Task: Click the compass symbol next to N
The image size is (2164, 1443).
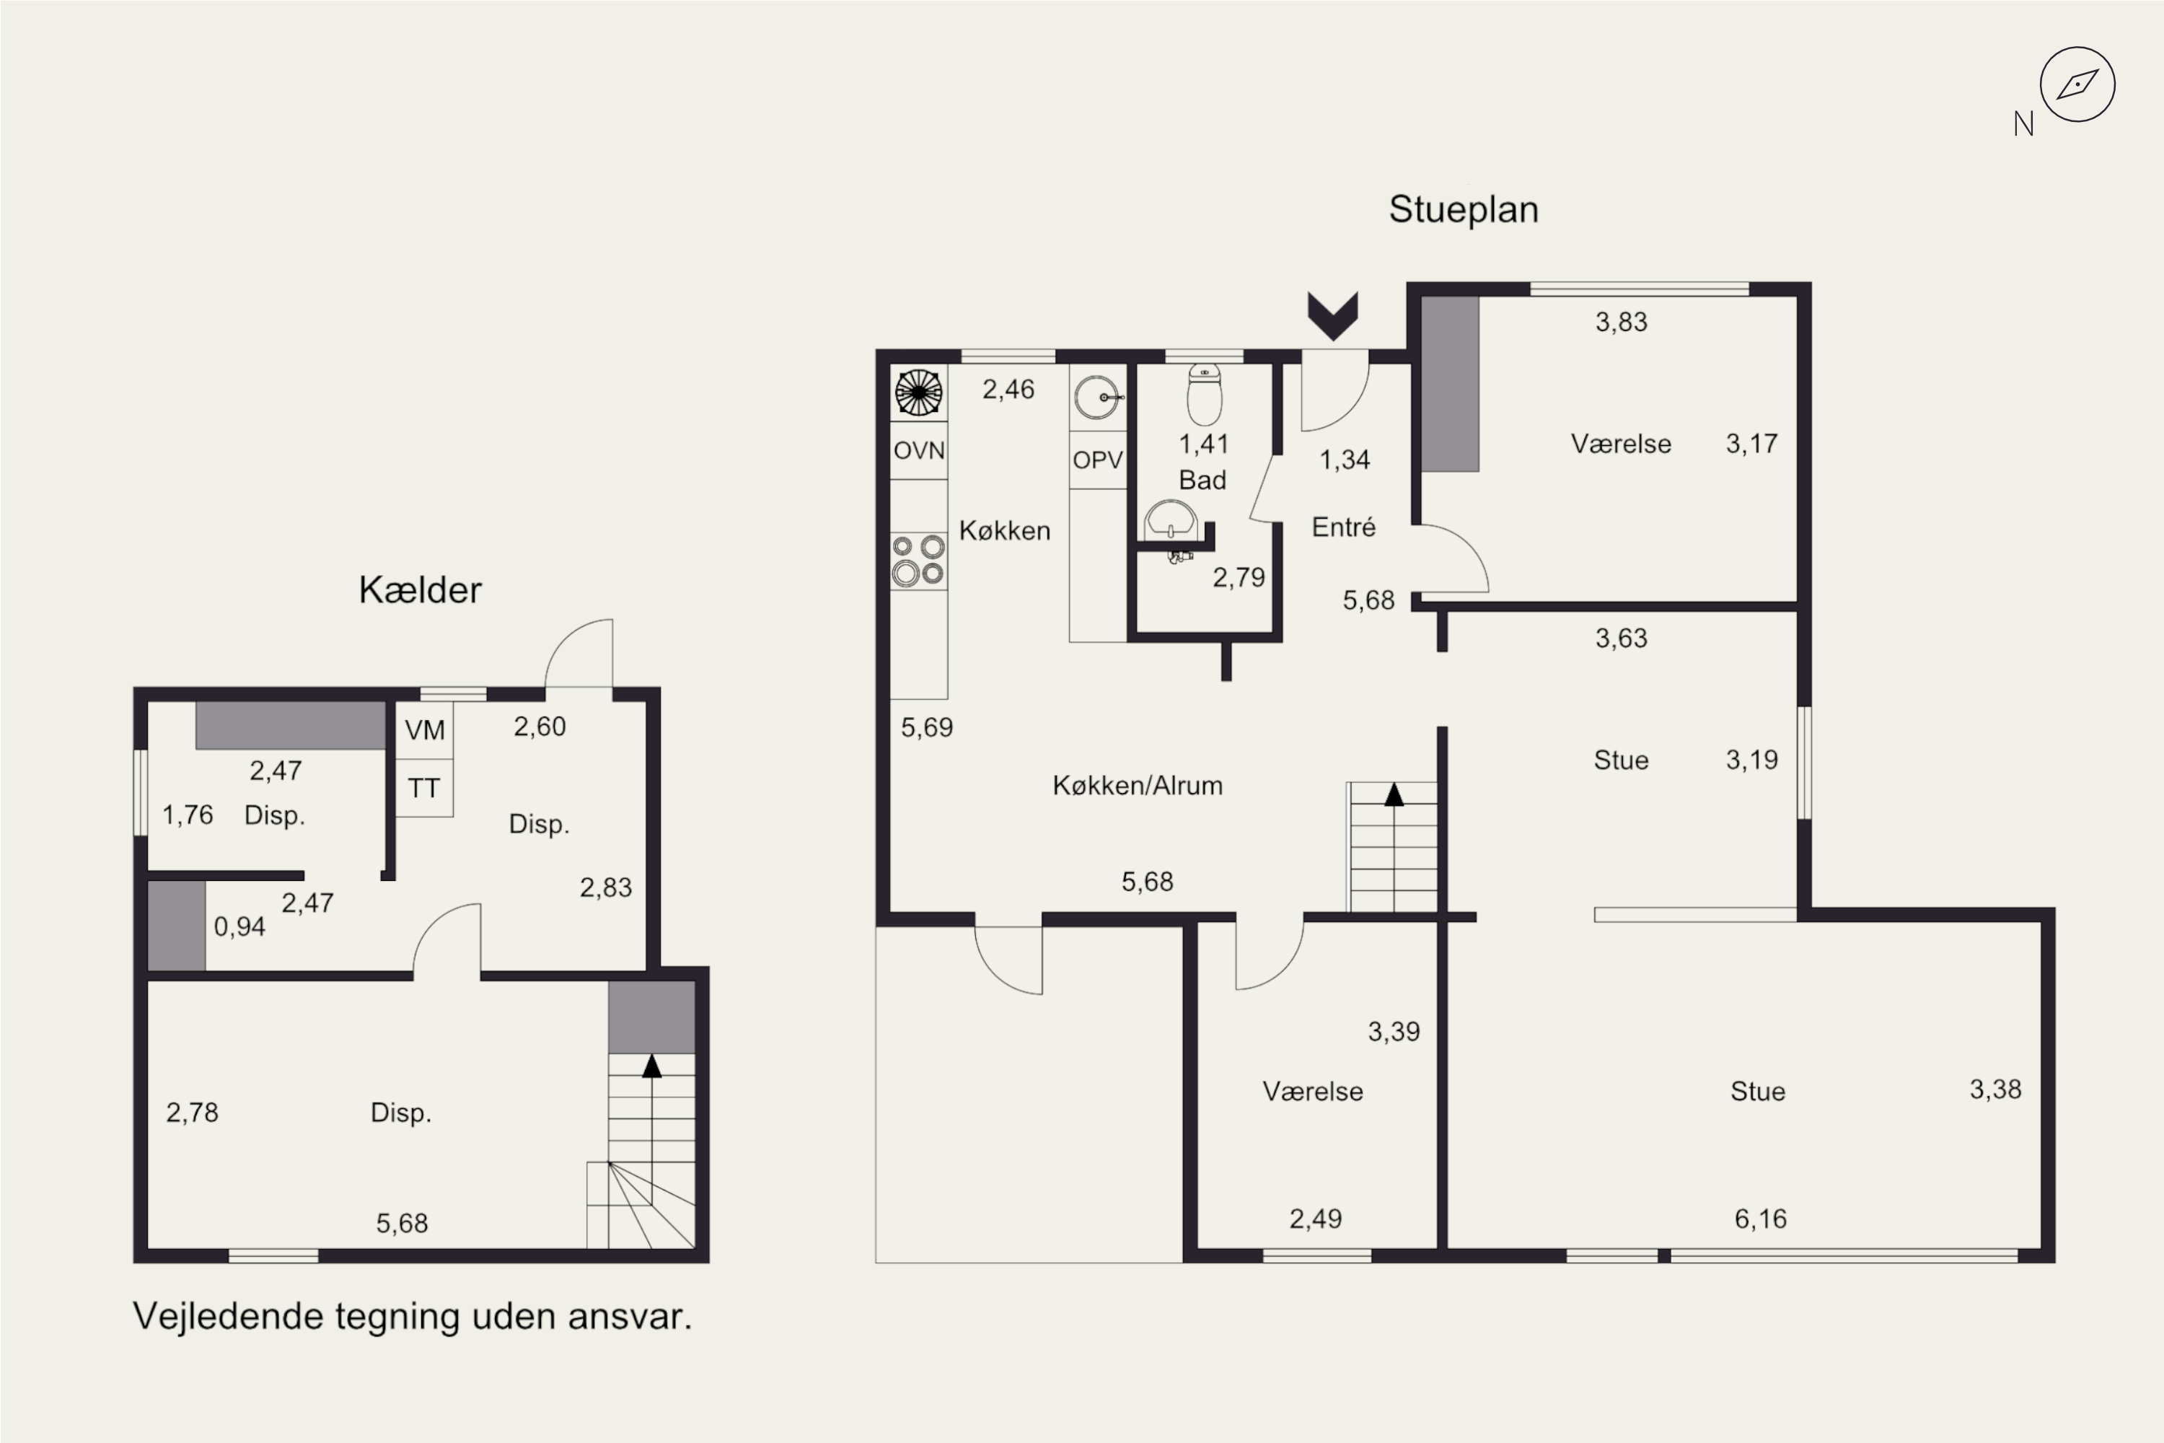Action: tap(2077, 84)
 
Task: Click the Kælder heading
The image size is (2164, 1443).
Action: tap(420, 590)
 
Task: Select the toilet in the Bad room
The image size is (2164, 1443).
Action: tap(1205, 394)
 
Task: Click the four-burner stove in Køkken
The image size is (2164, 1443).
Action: tap(918, 561)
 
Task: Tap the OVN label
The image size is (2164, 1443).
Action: tap(919, 451)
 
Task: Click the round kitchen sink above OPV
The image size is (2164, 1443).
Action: tap(1099, 398)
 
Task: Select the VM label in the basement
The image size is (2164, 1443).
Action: tap(424, 731)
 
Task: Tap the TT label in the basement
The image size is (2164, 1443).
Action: tap(423, 789)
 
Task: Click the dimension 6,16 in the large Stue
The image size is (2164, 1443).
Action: tap(1760, 1219)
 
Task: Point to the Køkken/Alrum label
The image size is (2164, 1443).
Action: tap(1138, 786)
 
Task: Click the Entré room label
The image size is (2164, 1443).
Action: tap(1343, 527)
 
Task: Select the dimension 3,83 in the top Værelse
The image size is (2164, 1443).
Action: tap(1621, 322)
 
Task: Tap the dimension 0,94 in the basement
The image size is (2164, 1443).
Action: tap(239, 926)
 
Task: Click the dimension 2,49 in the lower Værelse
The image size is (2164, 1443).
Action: tap(1315, 1219)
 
